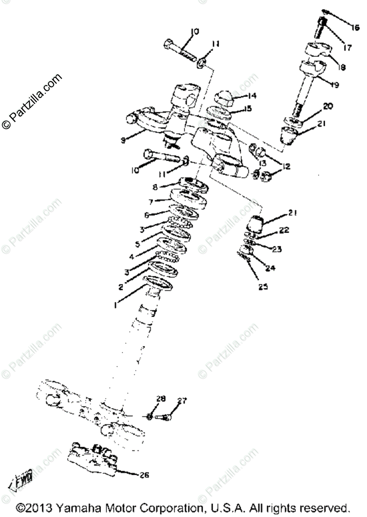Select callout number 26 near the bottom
(144, 475)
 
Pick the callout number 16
(355, 28)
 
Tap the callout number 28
(160, 399)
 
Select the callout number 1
(116, 305)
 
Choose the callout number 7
(151, 201)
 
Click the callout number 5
(138, 244)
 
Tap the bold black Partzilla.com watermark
(32, 102)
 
